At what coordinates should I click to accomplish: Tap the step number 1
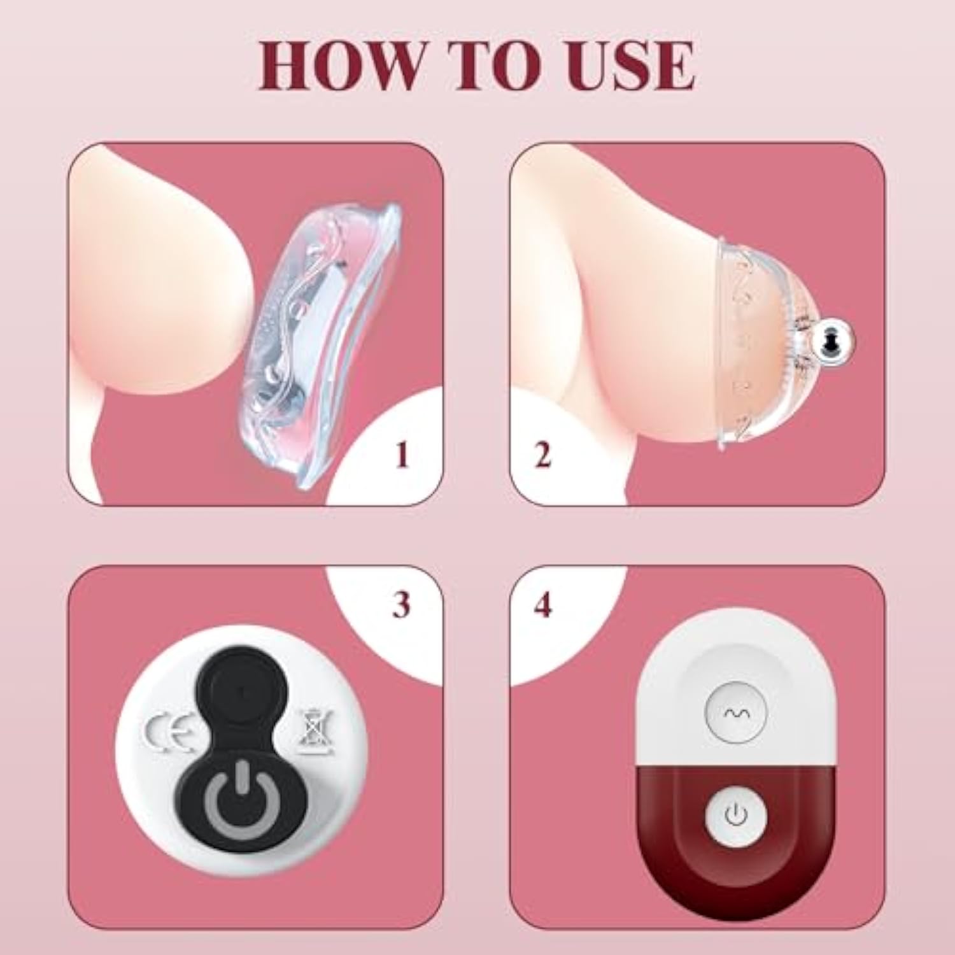[401, 456]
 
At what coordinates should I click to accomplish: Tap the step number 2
[542, 456]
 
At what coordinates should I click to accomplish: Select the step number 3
[401, 605]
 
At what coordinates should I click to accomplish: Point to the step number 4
[542, 605]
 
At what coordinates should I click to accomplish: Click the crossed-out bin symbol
[313, 732]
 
